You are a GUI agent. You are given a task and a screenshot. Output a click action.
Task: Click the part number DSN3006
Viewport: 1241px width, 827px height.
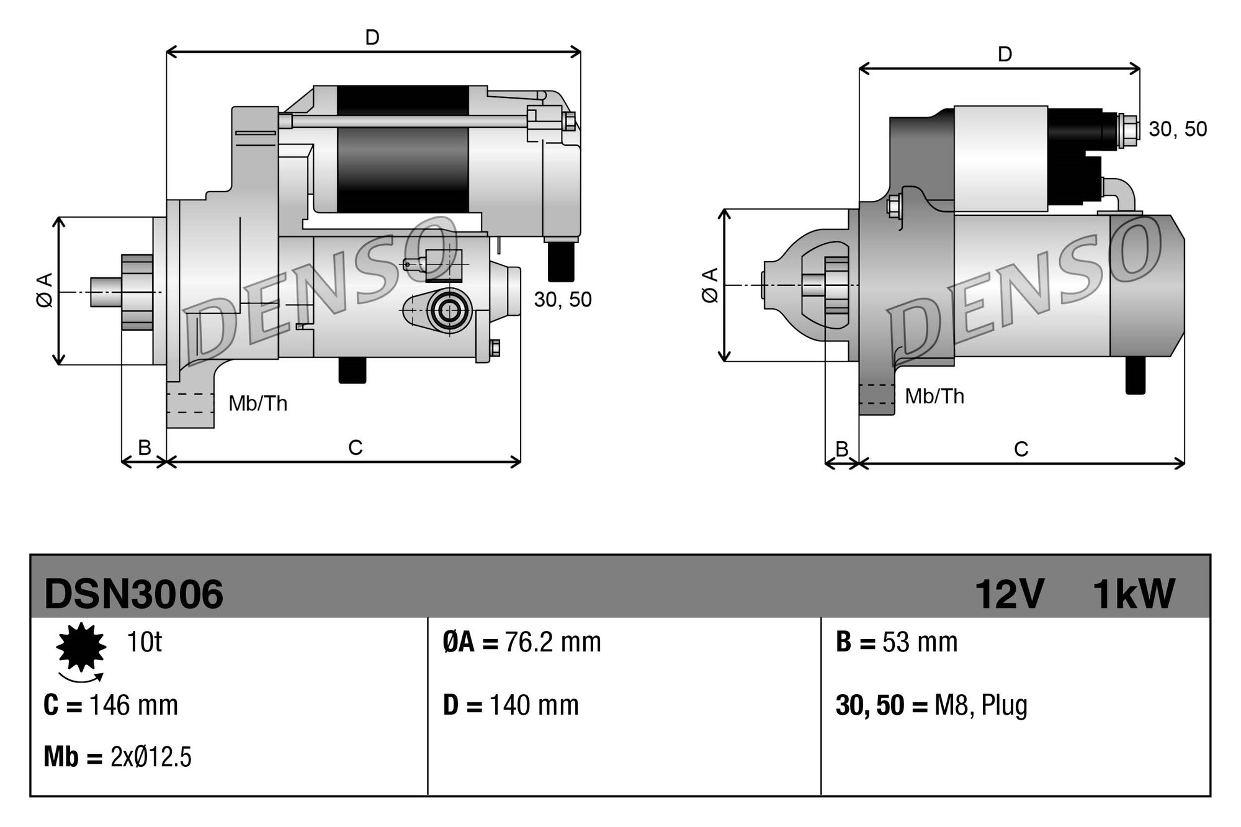pyautogui.click(x=133, y=594)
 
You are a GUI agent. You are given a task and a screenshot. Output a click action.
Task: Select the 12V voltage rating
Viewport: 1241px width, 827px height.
pyautogui.click(x=1010, y=594)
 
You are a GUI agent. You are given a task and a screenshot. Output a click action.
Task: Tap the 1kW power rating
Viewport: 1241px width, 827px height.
pyautogui.click(x=1133, y=594)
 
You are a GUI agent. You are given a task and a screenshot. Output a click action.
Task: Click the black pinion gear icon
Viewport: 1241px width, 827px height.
pyautogui.click(x=81, y=648)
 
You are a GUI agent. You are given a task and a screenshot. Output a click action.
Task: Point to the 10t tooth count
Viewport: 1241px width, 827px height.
pyautogui.click(x=144, y=641)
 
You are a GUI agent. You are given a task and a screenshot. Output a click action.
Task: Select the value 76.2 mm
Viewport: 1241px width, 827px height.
pyautogui.click(x=552, y=642)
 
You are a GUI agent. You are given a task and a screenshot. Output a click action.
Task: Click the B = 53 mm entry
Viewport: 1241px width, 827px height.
pyautogui.click(x=897, y=642)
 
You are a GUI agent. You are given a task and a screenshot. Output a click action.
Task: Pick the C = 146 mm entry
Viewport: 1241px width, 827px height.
pyautogui.click(x=111, y=705)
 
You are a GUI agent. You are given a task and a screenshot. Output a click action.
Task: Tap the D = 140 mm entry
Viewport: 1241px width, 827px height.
pyautogui.click(x=511, y=705)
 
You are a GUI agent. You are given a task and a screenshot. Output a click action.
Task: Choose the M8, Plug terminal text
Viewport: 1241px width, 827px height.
pyautogui.click(x=980, y=706)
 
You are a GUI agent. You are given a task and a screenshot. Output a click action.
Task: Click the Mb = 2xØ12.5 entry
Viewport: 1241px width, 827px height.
pyautogui.click(x=117, y=757)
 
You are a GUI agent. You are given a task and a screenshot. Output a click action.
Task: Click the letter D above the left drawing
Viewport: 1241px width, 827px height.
pyautogui.click(x=372, y=38)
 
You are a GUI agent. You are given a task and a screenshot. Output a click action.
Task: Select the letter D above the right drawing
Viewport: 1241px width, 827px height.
pyautogui.click(x=1005, y=55)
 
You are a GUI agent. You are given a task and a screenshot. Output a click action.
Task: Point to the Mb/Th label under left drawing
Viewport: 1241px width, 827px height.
pyautogui.click(x=258, y=404)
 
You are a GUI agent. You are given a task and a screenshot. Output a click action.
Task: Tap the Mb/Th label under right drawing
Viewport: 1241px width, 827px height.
pyautogui.click(x=934, y=396)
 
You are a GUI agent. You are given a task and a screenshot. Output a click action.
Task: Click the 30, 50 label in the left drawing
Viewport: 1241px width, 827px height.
pyautogui.click(x=562, y=300)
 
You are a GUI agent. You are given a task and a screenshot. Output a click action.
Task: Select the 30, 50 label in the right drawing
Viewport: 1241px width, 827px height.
pyautogui.click(x=1177, y=129)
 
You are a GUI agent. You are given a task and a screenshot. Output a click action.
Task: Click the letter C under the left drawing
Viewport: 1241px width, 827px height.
pyautogui.click(x=355, y=447)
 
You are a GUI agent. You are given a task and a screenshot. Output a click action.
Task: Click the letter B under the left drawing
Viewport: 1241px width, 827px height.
pyautogui.click(x=144, y=447)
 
